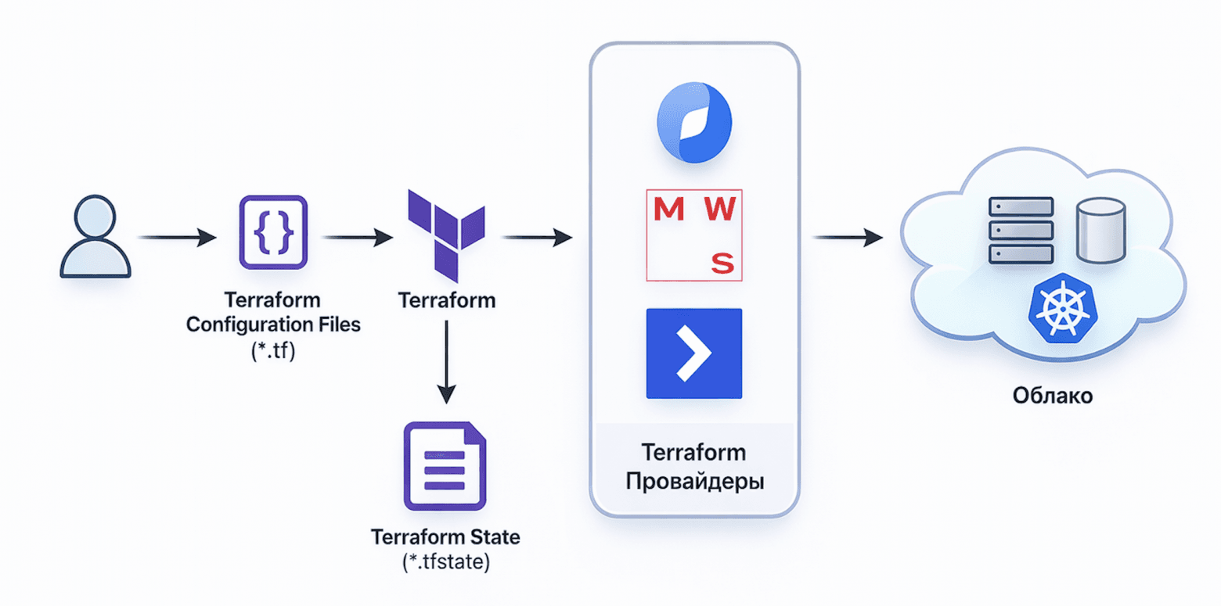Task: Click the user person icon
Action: pos(95,237)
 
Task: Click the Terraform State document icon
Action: pos(445,466)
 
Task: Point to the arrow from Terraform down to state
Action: pos(445,363)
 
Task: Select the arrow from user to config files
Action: pos(176,236)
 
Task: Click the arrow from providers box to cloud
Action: pos(848,236)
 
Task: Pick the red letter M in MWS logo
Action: pos(667,209)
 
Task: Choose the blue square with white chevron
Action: pos(693,353)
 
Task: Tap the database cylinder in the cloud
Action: pos(1100,230)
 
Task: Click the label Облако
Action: pos(1052,396)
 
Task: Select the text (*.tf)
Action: pos(272,350)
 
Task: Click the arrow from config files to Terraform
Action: pos(357,236)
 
